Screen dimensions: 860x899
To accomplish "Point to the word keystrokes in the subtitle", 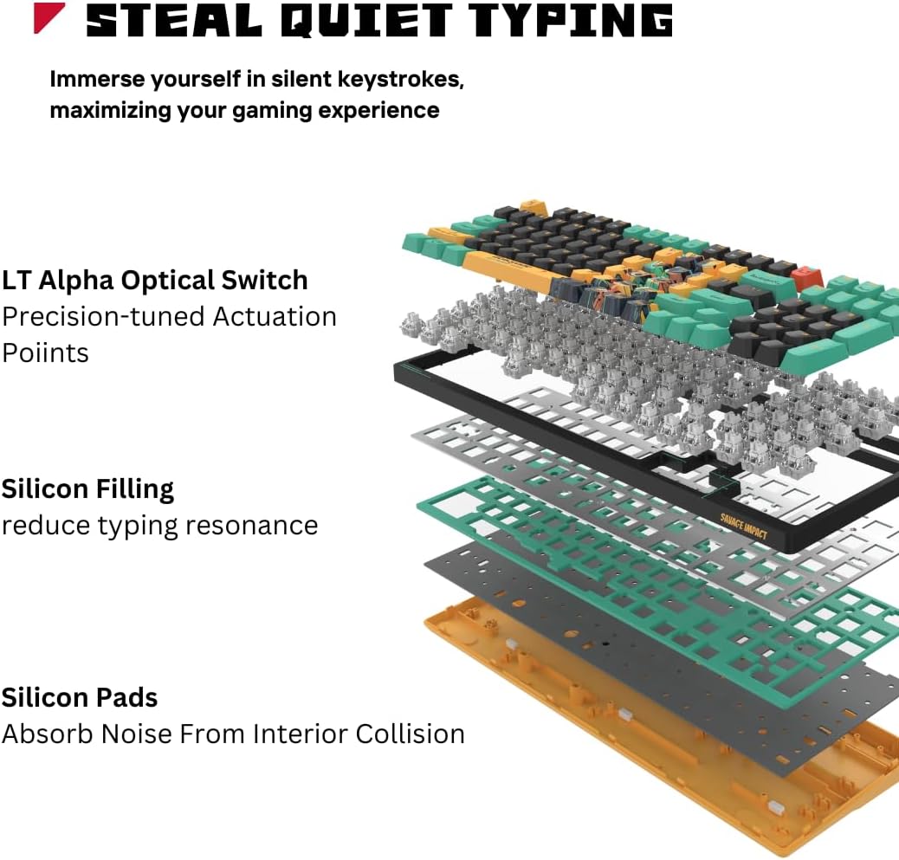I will tap(406, 79).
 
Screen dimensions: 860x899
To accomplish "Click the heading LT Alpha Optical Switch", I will tap(154, 281).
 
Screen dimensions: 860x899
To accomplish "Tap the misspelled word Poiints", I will tap(45, 352).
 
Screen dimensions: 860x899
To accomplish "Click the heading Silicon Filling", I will tap(87, 489).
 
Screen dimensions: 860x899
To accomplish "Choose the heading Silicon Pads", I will tap(80, 697).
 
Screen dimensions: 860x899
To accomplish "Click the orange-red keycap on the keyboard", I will tap(809, 276).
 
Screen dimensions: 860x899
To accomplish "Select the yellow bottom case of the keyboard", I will tap(554, 684).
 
